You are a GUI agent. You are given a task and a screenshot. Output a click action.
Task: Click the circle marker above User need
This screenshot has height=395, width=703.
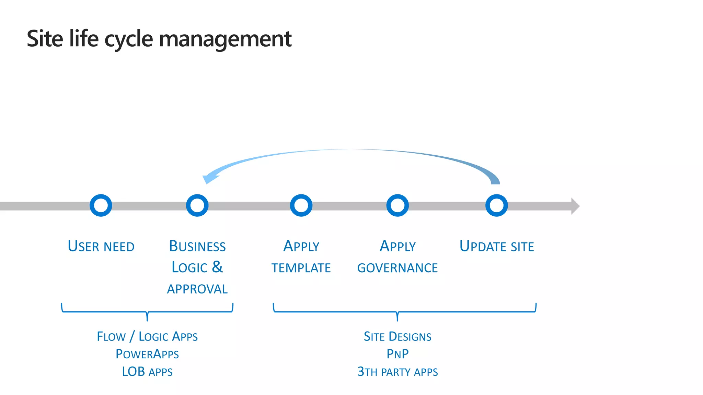pos(101,205)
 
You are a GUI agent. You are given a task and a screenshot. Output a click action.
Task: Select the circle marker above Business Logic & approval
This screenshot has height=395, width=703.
pos(197,205)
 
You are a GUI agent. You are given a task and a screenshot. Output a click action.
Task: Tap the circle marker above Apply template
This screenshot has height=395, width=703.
pos(301,205)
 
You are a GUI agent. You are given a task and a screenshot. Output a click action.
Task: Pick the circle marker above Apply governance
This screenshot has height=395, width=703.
pos(397,205)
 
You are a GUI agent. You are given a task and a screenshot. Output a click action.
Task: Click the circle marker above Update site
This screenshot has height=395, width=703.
pos(496,205)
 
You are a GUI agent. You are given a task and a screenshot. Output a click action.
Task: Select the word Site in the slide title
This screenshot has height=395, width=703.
pos(45,38)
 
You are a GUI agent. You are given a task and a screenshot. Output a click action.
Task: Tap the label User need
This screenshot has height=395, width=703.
pos(101,247)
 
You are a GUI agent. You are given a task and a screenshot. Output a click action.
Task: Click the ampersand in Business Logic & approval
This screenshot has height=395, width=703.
pos(217,267)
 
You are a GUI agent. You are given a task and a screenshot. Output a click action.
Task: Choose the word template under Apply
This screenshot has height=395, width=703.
pos(301,268)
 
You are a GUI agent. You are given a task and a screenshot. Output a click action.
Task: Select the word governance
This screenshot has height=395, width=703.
pos(397,268)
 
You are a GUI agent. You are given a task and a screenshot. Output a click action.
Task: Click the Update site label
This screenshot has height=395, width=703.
pos(497,247)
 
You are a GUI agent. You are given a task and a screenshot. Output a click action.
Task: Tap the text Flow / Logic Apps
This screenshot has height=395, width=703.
pos(147,336)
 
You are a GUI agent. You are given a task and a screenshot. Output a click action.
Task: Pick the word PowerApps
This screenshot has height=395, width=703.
pos(147,354)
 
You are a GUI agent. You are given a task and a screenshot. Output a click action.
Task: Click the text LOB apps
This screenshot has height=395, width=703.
pos(147,372)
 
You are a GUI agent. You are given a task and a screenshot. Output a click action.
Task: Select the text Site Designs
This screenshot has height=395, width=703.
pos(397,336)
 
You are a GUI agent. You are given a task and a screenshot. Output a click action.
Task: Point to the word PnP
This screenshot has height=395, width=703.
pos(397,354)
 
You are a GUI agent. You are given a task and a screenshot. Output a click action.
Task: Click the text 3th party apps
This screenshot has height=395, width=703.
pos(397,372)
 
